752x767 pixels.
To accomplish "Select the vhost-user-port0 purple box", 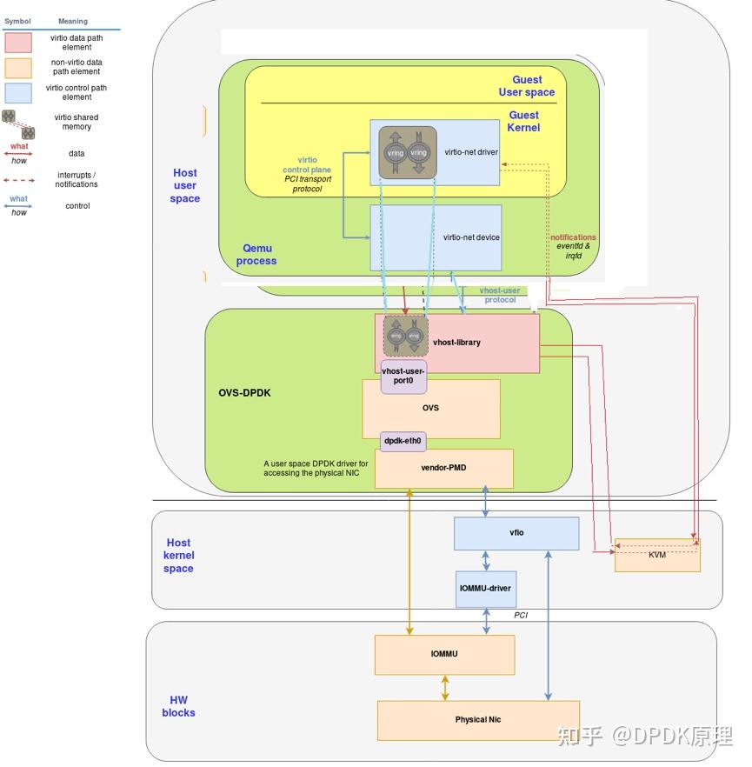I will pyautogui.click(x=403, y=377).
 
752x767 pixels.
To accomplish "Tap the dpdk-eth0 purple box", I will pyautogui.click(x=403, y=441).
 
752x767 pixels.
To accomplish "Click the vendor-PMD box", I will pyautogui.click(x=443, y=468).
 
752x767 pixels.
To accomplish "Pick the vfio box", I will pyautogui.click(x=516, y=533).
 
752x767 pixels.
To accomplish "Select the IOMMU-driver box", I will pyautogui.click(x=485, y=589).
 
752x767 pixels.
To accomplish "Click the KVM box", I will pyautogui.click(x=656, y=555).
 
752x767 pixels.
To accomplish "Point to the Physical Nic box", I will pyautogui.click(x=477, y=720).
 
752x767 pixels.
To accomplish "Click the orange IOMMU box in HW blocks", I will pyautogui.click(x=444, y=654).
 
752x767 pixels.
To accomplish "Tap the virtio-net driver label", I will pyautogui.click(x=470, y=152).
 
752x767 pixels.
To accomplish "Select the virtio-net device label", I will pyautogui.click(x=471, y=237).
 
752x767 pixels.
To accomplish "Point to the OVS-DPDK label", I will pyautogui.click(x=244, y=392).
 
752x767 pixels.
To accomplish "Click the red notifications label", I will pyautogui.click(x=573, y=237).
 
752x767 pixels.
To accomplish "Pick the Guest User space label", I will pyautogui.click(x=526, y=86).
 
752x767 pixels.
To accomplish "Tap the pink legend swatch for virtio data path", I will pyautogui.click(x=17, y=42).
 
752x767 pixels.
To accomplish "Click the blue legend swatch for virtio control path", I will pyautogui.click(x=17, y=92).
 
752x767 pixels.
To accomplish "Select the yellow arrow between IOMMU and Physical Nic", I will pyautogui.click(x=445, y=688).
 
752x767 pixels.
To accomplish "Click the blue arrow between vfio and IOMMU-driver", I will pyautogui.click(x=485, y=561).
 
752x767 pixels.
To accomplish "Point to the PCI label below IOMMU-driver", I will pyautogui.click(x=520, y=615).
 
